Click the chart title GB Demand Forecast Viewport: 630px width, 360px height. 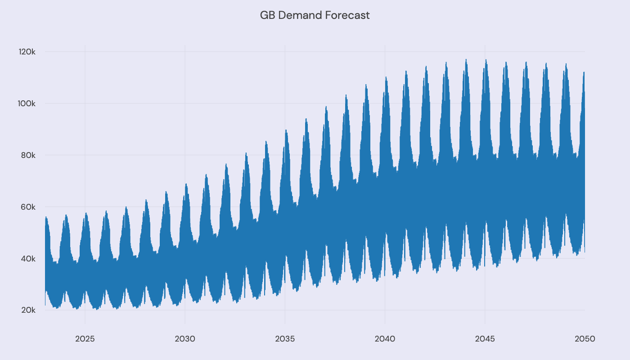point(315,15)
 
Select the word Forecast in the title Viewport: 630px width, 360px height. point(349,15)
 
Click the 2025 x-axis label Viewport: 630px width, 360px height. point(85,339)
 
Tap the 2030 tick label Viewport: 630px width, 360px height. point(185,339)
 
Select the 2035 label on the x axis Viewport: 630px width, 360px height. point(285,339)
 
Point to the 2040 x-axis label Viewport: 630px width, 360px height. point(385,339)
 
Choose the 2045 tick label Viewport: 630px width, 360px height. point(485,339)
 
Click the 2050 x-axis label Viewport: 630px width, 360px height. point(585,339)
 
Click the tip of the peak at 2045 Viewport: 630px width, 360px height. point(486,59)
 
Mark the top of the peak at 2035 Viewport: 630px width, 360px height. point(286,130)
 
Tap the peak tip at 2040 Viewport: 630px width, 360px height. point(386,77)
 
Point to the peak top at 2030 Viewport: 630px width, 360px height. point(186,184)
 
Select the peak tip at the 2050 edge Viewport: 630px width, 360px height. point(584,72)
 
